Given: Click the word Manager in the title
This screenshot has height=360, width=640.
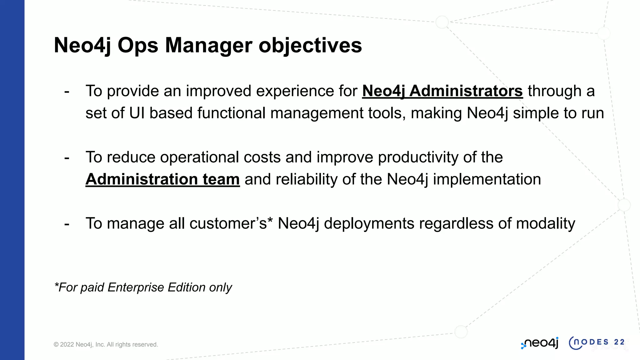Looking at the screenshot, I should (x=208, y=45).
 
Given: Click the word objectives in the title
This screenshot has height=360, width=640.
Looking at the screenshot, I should (x=310, y=45).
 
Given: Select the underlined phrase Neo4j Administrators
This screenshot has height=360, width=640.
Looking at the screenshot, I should (x=442, y=91).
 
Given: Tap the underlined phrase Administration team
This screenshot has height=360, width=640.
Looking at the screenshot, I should (x=162, y=179).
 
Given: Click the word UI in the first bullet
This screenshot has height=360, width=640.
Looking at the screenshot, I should (x=137, y=113).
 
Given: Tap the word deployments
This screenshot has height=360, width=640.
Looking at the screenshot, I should (x=369, y=223).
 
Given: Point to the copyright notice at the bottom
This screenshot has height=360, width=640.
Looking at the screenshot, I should (x=106, y=344).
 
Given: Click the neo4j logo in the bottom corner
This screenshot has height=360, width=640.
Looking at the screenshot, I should (x=540, y=343).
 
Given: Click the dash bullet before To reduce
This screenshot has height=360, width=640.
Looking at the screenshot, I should (x=67, y=158).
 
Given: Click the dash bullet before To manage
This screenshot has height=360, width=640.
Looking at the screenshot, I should (x=67, y=224).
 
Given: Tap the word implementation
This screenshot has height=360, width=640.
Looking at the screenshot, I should (x=487, y=179).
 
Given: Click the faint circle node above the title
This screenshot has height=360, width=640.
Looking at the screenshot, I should (x=442, y=22).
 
